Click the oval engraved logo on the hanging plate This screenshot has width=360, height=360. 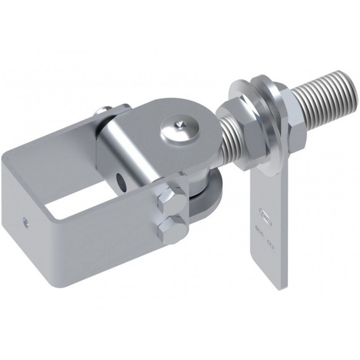265,211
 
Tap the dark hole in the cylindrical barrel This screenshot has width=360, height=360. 121,181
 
